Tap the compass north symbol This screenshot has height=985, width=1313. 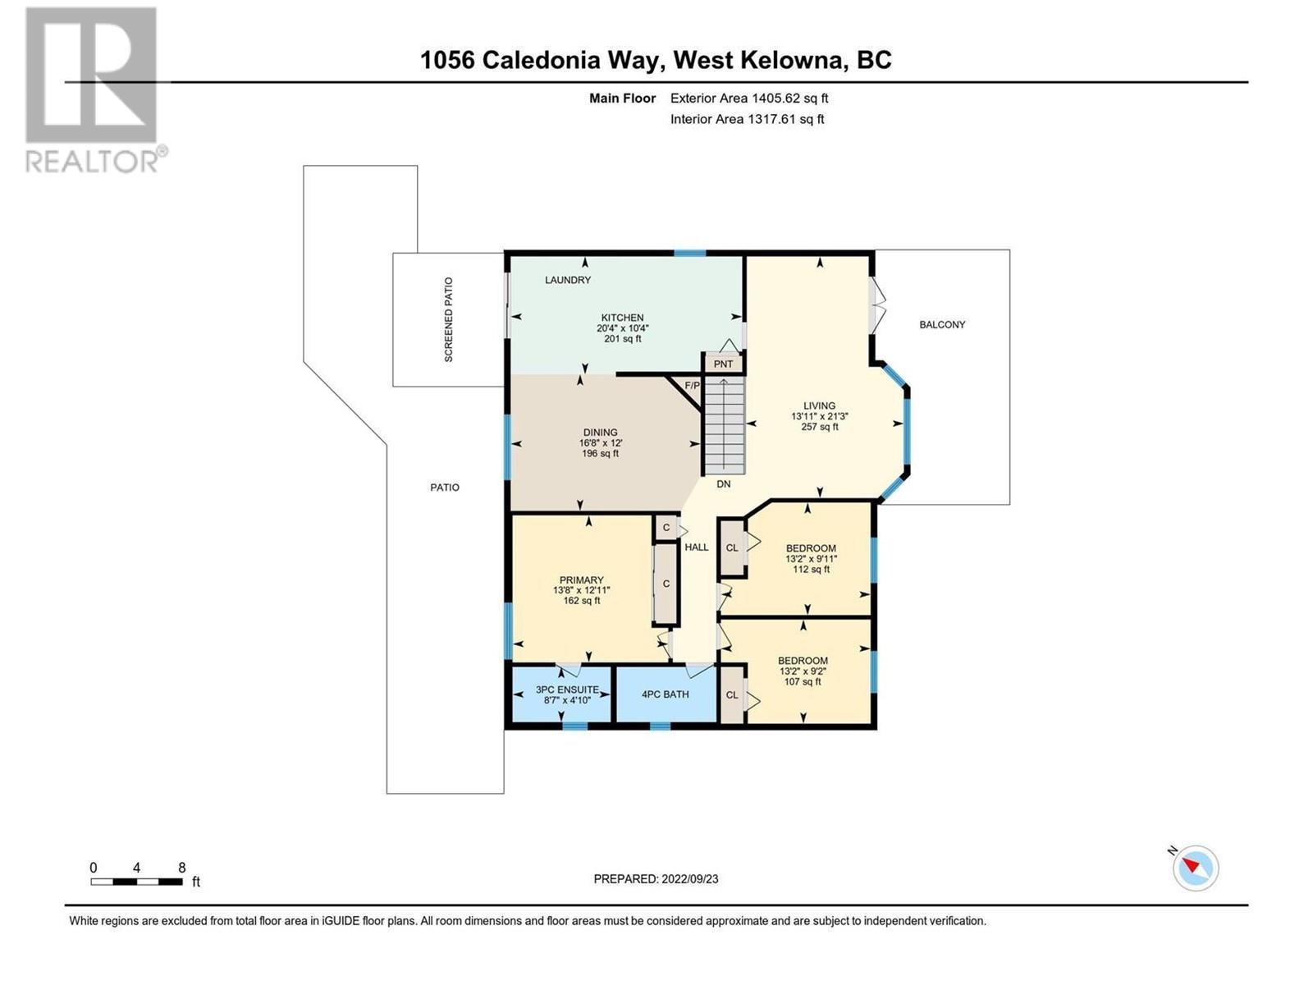1195,867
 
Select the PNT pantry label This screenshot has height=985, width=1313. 723,364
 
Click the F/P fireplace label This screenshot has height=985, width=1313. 693,385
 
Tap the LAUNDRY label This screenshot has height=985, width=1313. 568,280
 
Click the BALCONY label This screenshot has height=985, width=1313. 942,324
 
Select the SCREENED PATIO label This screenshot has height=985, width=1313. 448,320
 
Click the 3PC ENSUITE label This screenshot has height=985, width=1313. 567,689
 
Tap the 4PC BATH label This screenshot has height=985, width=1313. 665,694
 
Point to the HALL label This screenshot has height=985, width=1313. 696,547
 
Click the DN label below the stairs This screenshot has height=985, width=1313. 723,484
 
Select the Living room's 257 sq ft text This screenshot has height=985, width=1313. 819,427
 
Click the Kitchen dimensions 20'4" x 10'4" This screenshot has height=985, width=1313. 622,328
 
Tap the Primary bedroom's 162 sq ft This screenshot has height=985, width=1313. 581,601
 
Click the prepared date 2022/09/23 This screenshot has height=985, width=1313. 688,878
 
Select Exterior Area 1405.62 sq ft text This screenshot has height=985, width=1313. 748,98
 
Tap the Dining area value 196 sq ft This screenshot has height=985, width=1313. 600,454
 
